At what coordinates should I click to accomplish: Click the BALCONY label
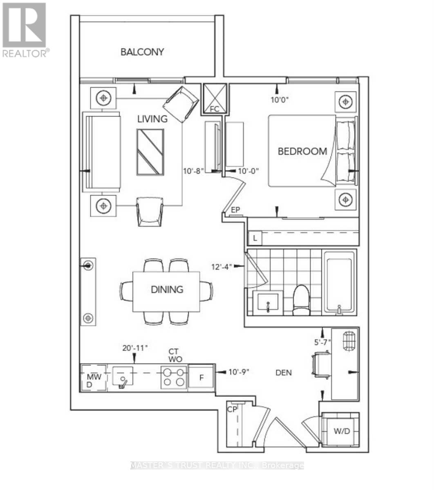click(142, 52)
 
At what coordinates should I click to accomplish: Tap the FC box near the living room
click(215, 99)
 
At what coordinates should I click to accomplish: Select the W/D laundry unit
click(341, 431)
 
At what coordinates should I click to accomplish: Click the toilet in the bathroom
click(302, 300)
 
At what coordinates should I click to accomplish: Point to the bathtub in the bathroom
click(339, 283)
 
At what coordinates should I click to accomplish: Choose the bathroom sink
click(268, 303)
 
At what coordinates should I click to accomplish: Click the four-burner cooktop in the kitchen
click(174, 377)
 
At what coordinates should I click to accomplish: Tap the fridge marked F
click(201, 377)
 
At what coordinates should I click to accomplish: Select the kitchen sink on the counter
click(122, 376)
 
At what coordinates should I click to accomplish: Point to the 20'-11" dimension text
click(135, 348)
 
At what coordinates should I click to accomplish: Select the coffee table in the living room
click(150, 152)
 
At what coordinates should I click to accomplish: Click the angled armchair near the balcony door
click(181, 104)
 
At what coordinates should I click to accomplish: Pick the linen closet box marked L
click(255, 238)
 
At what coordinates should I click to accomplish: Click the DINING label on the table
click(167, 290)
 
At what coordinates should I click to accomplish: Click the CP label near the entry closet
click(232, 410)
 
